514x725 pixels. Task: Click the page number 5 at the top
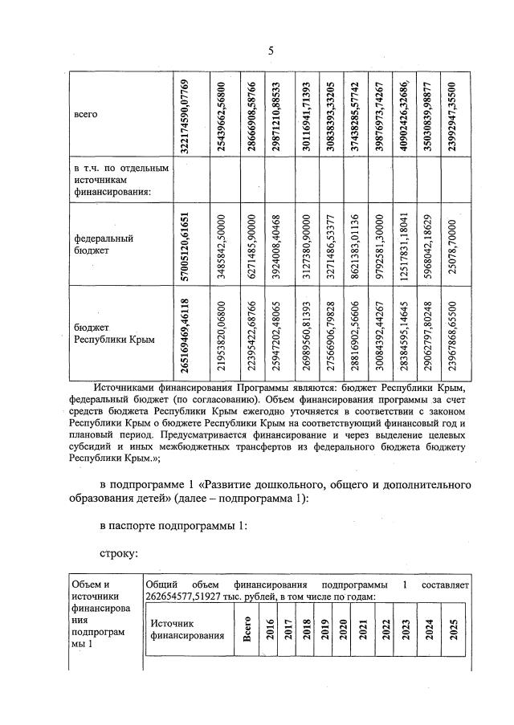pyautogui.click(x=271, y=51)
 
